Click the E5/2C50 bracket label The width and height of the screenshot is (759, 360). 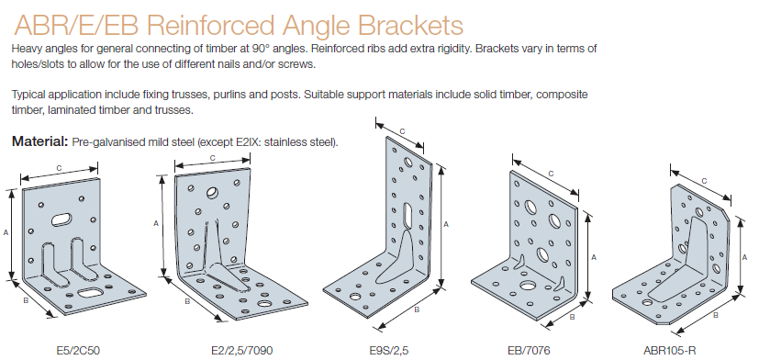pyautogui.click(x=78, y=350)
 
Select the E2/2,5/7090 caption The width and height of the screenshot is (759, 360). pyautogui.click(x=238, y=350)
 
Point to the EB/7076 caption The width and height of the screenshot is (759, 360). pyautogui.click(x=529, y=350)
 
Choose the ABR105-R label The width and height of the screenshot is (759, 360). pyautogui.click(x=670, y=350)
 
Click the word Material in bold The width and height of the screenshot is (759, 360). pyautogui.click(x=40, y=141)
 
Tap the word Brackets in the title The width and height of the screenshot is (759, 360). pyautogui.click(x=411, y=25)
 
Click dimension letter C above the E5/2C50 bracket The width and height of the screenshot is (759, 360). pyautogui.click(x=59, y=168)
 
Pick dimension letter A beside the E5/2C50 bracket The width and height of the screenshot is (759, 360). pyautogui.click(x=6, y=232)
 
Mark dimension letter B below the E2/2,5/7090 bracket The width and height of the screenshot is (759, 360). pyautogui.click(x=187, y=302)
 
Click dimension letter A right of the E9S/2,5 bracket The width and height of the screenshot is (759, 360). pyautogui.click(x=446, y=224)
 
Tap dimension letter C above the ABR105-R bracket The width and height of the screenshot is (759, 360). pyautogui.click(x=704, y=181)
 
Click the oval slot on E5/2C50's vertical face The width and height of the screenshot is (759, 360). pyautogui.click(x=61, y=219)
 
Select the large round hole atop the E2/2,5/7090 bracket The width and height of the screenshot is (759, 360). pyautogui.click(x=212, y=193)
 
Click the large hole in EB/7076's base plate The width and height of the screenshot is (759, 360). pyautogui.click(x=528, y=286)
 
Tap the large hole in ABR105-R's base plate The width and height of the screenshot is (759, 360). pyautogui.click(x=647, y=303)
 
